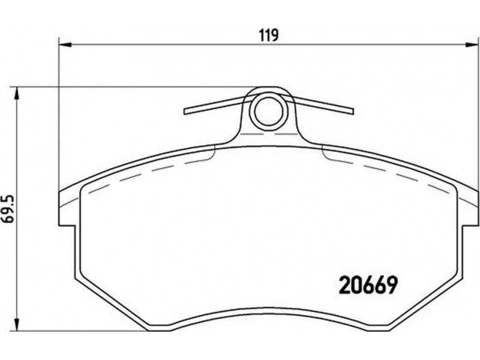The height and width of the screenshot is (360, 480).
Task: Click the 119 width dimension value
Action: point(269,35)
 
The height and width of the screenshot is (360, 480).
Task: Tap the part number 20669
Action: point(369,286)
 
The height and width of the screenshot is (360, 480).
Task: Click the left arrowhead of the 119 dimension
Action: point(65,44)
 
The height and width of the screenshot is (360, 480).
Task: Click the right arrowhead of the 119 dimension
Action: point(472,44)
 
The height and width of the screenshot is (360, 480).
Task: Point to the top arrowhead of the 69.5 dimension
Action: point(17,94)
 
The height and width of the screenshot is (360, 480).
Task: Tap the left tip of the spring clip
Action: point(185,111)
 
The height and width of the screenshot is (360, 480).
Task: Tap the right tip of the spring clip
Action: point(353,111)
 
